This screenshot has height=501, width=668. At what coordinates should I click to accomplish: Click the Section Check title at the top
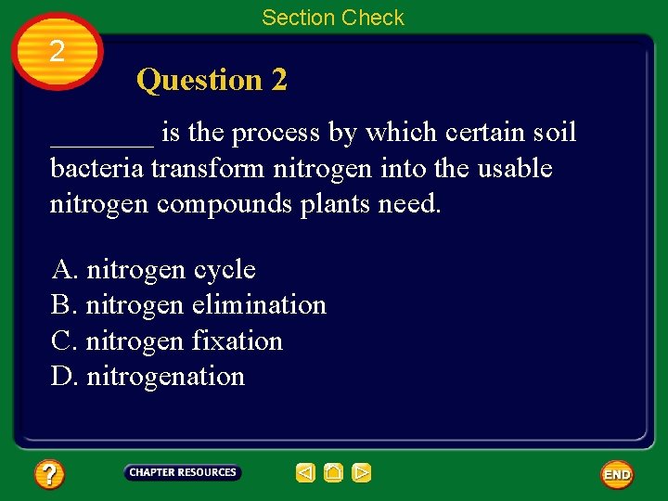coord(333,18)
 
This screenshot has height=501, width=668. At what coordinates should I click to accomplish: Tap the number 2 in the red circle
coord(58,52)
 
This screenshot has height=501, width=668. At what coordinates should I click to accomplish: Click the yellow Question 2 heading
coord(212,81)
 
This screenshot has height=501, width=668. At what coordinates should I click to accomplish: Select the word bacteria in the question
coord(96,169)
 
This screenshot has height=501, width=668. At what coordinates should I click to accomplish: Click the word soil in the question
coord(555,134)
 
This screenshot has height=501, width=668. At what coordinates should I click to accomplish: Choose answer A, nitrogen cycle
coord(154,270)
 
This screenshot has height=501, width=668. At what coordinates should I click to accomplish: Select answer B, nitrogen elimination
coord(189,305)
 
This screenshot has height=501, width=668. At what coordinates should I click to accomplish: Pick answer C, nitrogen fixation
coord(167,340)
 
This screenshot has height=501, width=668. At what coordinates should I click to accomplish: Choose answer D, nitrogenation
coord(148,377)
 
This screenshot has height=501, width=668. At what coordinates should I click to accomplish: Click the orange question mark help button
coord(48,475)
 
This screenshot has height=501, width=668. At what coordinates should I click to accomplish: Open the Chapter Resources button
coord(183,473)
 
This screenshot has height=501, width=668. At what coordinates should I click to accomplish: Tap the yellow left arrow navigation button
coord(305,473)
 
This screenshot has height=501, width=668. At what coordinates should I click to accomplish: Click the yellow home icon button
coord(334,473)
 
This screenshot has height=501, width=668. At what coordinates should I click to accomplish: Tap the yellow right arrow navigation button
coord(362,473)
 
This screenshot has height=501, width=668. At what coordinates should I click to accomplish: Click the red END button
coord(617,474)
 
